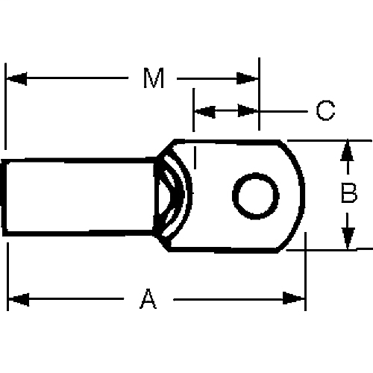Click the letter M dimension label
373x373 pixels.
pos(153,79)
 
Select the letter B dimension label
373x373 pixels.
pos(348,194)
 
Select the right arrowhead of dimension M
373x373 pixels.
pos(248,78)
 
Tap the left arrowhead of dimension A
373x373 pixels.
pos(18,299)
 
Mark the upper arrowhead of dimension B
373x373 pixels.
pos(347,151)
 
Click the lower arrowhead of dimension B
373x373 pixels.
pos(347,238)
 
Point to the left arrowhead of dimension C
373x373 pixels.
pos(204,111)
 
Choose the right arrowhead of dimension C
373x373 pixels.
pos(248,111)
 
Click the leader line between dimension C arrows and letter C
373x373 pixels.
pos(283,111)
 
